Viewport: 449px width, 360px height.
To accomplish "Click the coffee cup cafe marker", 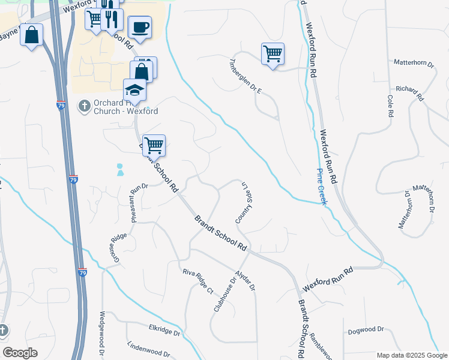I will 140,28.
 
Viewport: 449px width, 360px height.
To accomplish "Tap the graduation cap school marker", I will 135,91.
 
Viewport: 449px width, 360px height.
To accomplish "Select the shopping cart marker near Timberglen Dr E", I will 273,54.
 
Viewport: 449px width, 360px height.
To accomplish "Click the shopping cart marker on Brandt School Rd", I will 154,145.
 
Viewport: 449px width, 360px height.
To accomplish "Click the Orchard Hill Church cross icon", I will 83,106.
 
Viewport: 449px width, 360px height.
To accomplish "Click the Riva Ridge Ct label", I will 199,281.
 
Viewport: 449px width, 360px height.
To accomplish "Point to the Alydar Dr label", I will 246,279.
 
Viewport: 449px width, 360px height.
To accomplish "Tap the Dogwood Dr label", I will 365,329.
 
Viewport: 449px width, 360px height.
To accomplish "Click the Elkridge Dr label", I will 164,329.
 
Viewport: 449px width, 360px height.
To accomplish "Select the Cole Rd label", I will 390,105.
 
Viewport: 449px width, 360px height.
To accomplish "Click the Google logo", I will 20,353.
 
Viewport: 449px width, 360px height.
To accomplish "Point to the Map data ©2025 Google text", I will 411,355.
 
